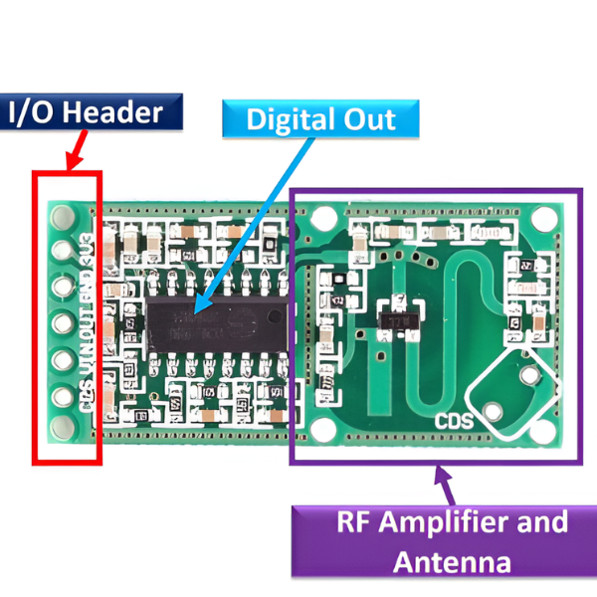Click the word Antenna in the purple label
[453, 561]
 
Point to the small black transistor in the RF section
[398, 321]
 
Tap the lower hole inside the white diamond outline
[495, 410]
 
